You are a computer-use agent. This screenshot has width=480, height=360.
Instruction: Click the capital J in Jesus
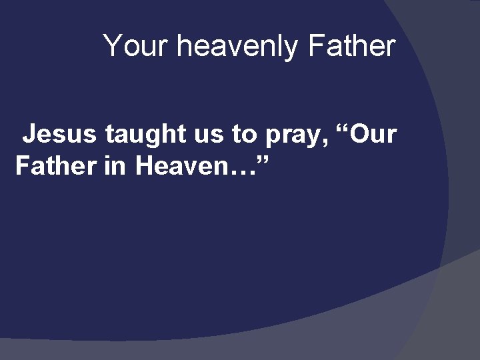29,135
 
